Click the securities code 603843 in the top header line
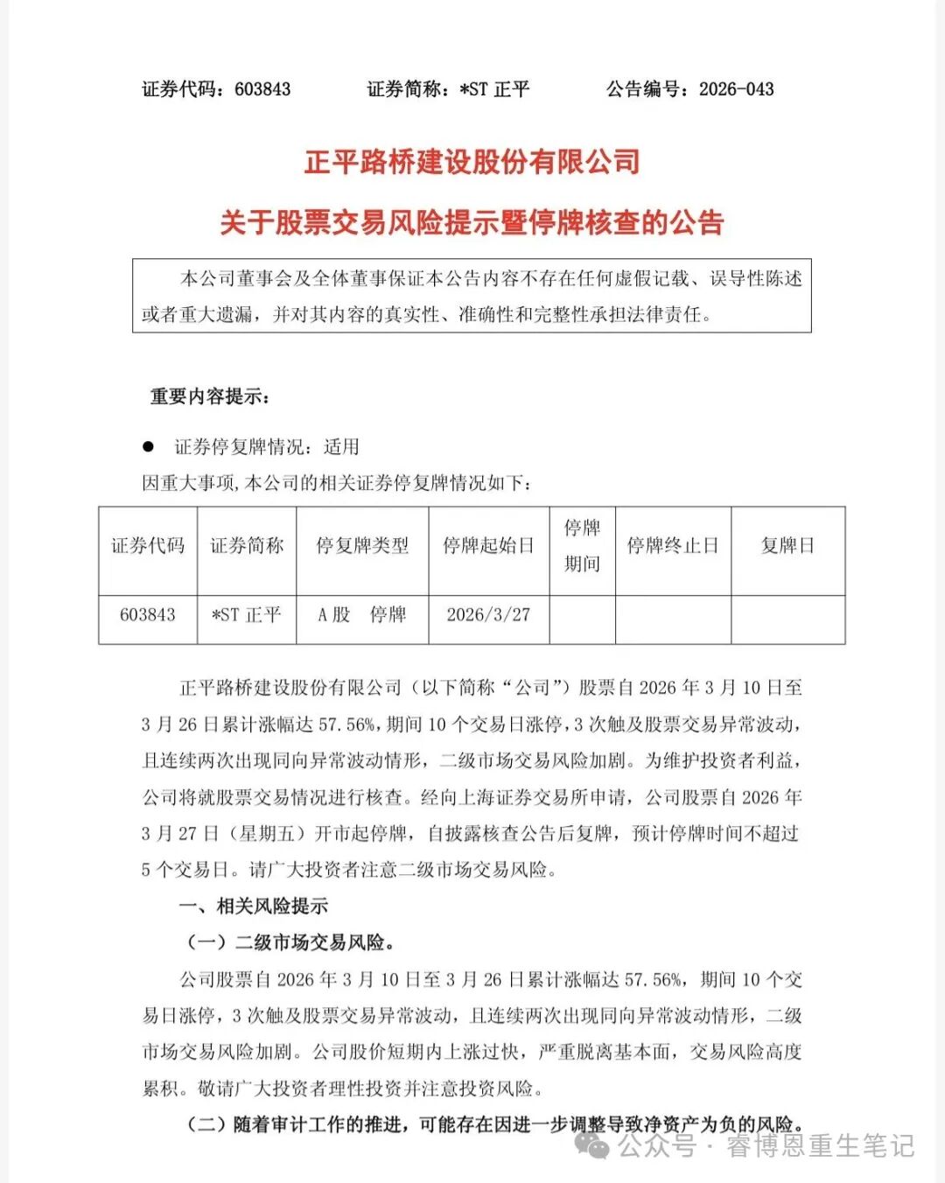point(262,89)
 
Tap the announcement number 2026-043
point(735,89)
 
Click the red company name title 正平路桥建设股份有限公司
point(472,162)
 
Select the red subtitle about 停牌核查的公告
point(472,223)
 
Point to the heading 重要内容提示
point(210,396)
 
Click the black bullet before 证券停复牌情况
point(149,447)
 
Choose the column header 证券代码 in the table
point(148,546)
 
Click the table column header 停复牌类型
point(362,546)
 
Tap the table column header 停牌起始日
point(488,546)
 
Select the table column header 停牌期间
point(582,546)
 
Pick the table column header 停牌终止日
point(672,546)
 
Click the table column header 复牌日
point(787,546)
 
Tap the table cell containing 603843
point(148,615)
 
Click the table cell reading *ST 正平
point(247,615)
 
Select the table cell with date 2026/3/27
point(488,615)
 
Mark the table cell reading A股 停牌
point(362,615)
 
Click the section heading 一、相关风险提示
point(254,906)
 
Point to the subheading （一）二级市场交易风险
point(290,942)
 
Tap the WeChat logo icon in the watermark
point(592,1144)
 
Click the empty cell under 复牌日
point(787,619)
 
